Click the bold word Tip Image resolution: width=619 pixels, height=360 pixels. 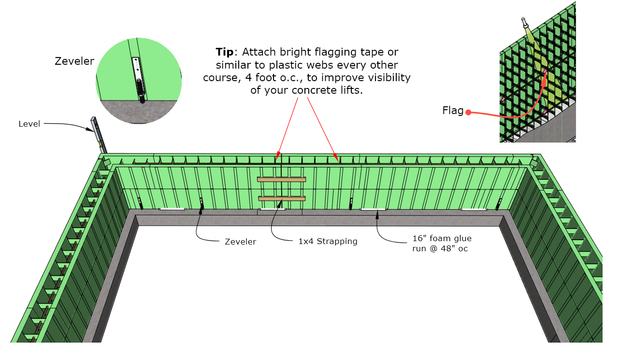(224, 52)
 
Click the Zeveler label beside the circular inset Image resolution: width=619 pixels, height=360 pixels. (74, 61)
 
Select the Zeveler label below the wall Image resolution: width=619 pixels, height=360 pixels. (241, 242)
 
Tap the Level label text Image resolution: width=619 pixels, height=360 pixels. (29, 124)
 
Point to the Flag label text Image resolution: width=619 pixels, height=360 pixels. (453, 111)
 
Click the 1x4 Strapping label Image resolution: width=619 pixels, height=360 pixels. (328, 241)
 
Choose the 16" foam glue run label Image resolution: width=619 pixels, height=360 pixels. (442, 244)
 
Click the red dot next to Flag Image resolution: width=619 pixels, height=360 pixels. (468, 112)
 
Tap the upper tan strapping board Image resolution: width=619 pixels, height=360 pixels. (281, 180)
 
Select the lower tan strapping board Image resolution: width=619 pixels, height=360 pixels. (282, 199)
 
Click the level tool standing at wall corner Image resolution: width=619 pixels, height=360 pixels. (99, 135)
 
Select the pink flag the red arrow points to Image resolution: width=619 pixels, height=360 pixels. (545, 72)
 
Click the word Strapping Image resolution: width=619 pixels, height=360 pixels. (337, 242)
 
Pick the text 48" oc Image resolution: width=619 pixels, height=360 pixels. (454, 248)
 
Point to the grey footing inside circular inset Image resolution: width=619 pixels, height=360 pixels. (138, 112)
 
